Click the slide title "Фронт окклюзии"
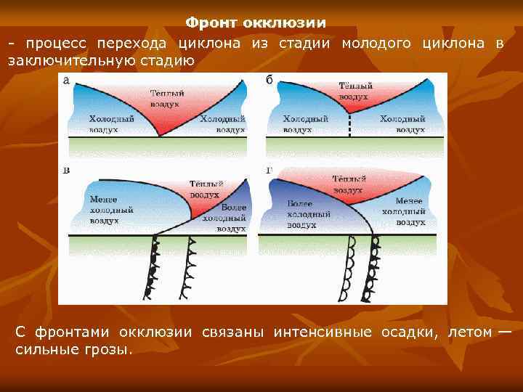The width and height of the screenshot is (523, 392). click(254, 23)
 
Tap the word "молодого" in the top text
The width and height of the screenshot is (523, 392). click(378, 44)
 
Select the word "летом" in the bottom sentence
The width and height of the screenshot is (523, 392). click(469, 332)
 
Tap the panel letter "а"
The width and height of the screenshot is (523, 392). click(67, 81)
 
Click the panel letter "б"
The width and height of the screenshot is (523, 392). click(269, 80)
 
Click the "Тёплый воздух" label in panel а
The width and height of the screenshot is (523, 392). click(166, 99)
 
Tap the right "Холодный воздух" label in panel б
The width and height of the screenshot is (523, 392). click(402, 124)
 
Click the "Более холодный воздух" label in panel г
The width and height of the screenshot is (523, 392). click(309, 215)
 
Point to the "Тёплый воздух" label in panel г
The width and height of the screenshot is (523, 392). click(349, 184)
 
